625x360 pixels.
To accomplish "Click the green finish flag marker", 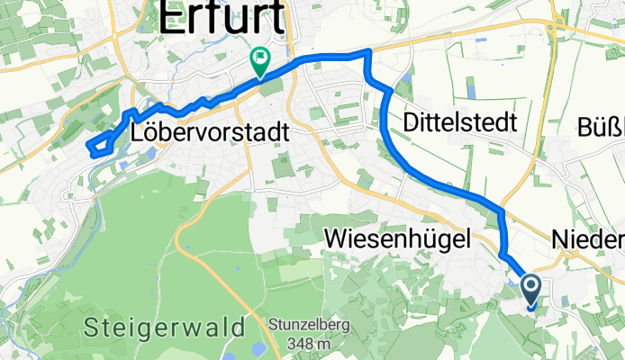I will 260,61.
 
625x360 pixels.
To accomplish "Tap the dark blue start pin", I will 530,290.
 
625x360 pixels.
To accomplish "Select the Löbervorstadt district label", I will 210,132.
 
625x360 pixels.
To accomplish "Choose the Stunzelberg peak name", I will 306,325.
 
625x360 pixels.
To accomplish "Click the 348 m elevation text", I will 306,344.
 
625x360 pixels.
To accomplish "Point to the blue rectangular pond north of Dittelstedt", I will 469,87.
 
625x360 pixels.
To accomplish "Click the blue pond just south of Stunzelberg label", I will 256,349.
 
